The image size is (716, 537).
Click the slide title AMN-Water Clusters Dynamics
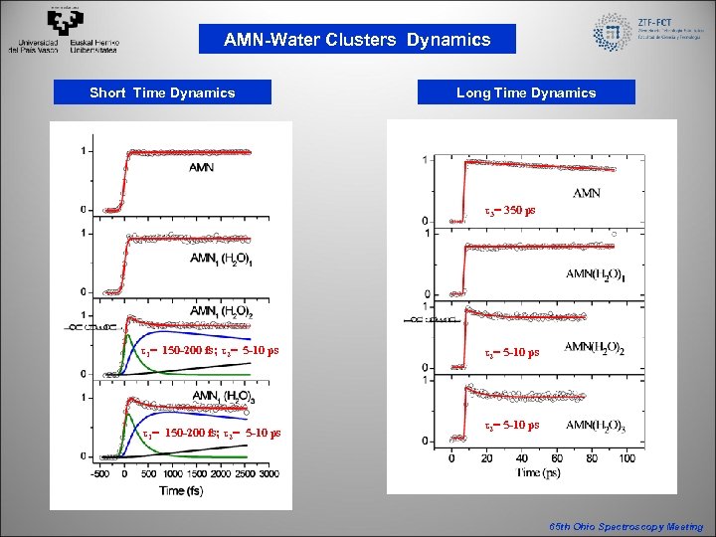357,40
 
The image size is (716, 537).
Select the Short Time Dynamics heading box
162,92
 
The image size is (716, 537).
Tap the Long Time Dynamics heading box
526,92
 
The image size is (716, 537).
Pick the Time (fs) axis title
188,489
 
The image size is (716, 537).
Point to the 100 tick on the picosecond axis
626,458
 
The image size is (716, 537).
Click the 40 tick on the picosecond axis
521,458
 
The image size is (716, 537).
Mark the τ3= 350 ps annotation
509,211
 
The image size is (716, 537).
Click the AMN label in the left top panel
201,166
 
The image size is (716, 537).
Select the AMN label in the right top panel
587,193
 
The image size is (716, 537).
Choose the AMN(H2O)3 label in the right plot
603,427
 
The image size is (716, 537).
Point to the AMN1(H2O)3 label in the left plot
221,396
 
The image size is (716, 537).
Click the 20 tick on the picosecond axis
486,458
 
